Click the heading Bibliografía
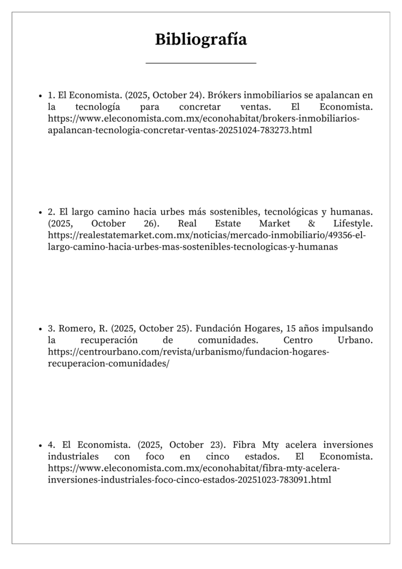(x=201, y=39)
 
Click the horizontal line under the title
(x=201, y=63)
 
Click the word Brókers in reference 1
(x=223, y=95)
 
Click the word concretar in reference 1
(x=202, y=107)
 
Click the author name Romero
(x=75, y=328)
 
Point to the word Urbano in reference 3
(x=355, y=340)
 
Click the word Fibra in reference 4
(x=244, y=445)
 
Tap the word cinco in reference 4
(x=218, y=457)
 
